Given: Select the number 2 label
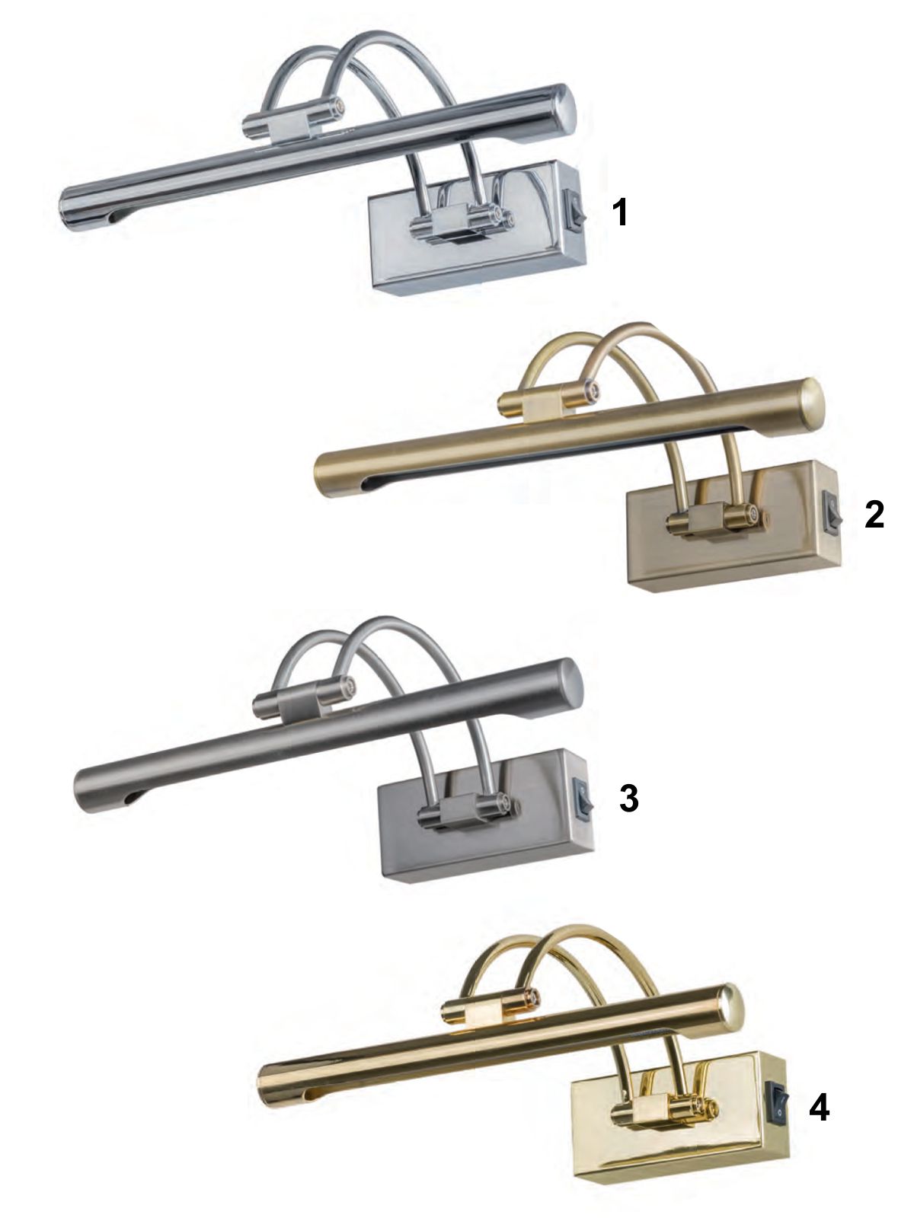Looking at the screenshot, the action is tap(874, 515).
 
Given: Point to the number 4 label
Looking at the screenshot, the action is tap(819, 1108).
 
